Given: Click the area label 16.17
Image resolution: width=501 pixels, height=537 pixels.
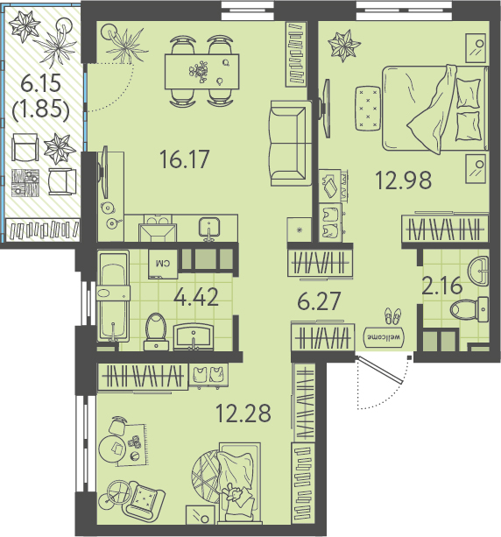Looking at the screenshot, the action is click(x=184, y=159).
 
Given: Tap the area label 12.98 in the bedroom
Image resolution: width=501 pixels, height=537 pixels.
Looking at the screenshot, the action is click(x=404, y=180).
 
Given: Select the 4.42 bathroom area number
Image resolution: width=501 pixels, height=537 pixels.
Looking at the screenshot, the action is click(x=196, y=297).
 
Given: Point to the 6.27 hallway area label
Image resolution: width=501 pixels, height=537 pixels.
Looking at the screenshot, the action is click(x=319, y=300).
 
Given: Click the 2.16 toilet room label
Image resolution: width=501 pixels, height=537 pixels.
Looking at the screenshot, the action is click(x=442, y=286).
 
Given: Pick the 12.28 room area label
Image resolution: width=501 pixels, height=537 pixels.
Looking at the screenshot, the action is click(x=243, y=413).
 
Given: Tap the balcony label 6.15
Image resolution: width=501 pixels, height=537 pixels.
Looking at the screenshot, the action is click(x=41, y=83).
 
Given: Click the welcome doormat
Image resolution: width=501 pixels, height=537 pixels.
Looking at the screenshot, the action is click(x=385, y=337).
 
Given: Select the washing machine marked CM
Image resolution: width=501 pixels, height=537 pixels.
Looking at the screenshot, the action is click(x=163, y=264).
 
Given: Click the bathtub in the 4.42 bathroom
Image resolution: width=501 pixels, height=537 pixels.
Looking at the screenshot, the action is click(x=113, y=296).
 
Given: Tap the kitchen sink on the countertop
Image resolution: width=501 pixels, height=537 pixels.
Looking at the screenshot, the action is click(x=209, y=228).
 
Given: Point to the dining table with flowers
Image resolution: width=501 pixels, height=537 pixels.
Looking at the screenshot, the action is click(x=202, y=71).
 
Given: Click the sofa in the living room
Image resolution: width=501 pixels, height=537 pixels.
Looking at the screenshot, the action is click(x=291, y=143).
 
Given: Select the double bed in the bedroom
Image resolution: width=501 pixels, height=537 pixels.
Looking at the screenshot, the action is click(x=435, y=109).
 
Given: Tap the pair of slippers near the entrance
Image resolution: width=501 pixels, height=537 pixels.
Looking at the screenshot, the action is click(x=392, y=315).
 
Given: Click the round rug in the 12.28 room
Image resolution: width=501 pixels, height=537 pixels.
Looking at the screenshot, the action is click(x=206, y=477).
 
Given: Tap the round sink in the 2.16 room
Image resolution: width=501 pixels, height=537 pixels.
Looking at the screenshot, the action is click(x=478, y=271).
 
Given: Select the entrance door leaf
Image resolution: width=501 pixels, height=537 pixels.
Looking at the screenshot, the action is click(x=379, y=370).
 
